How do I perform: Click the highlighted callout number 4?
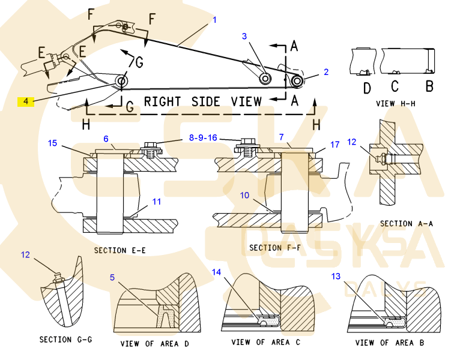click(x=26, y=101)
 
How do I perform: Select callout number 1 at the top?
click(x=213, y=20)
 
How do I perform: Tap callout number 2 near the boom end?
click(x=326, y=72)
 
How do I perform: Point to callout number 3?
click(x=244, y=37)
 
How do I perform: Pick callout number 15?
click(x=52, y=143)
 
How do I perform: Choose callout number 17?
click(x=334, y=144)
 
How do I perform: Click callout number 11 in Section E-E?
click(x=156, y=202)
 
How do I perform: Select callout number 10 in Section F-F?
click(x=244, y=195)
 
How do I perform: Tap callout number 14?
click(x=216, y=272)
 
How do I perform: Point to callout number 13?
click(x=336, y=276)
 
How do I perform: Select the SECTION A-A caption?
click(x=406, y=224)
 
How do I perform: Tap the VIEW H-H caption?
click(x=393, y=103)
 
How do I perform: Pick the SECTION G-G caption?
click(x=65, y=340)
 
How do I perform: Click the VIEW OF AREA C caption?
click(x=265, y=342)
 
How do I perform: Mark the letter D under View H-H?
click(x=367, y=88)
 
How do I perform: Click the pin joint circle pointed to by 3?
click(x=265, y=79)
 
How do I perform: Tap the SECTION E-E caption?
click(x=120, y=249)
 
